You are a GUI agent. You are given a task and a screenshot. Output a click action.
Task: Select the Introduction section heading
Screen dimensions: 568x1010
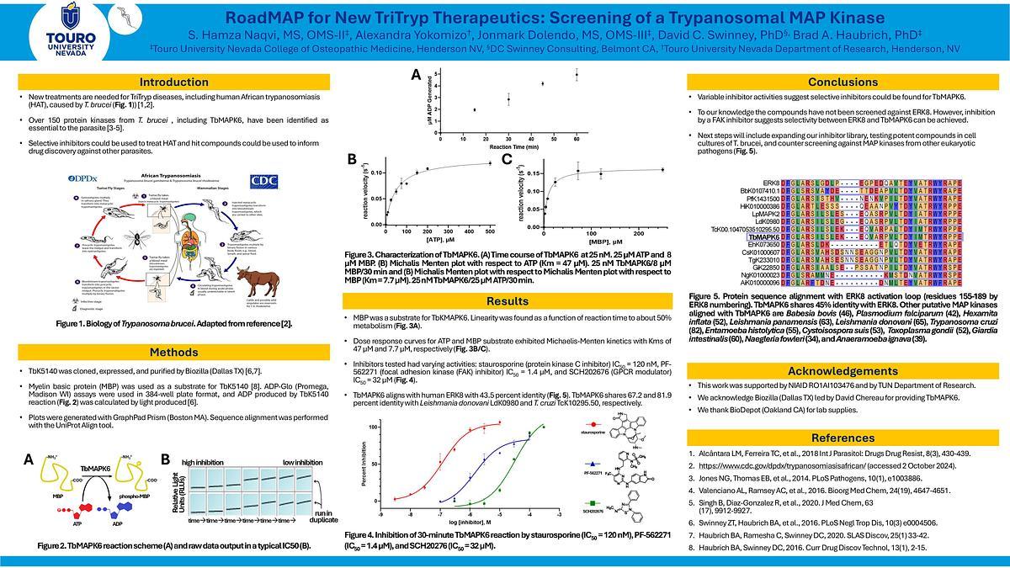click(x=173, y=82)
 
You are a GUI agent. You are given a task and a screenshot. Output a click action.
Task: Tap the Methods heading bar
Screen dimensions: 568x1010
click(x=173, y=351)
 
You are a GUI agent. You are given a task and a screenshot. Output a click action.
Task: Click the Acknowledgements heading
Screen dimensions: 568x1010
click(x=837, y=369)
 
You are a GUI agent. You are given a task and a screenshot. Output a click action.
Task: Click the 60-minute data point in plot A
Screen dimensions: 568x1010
click(x=577, y=75)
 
